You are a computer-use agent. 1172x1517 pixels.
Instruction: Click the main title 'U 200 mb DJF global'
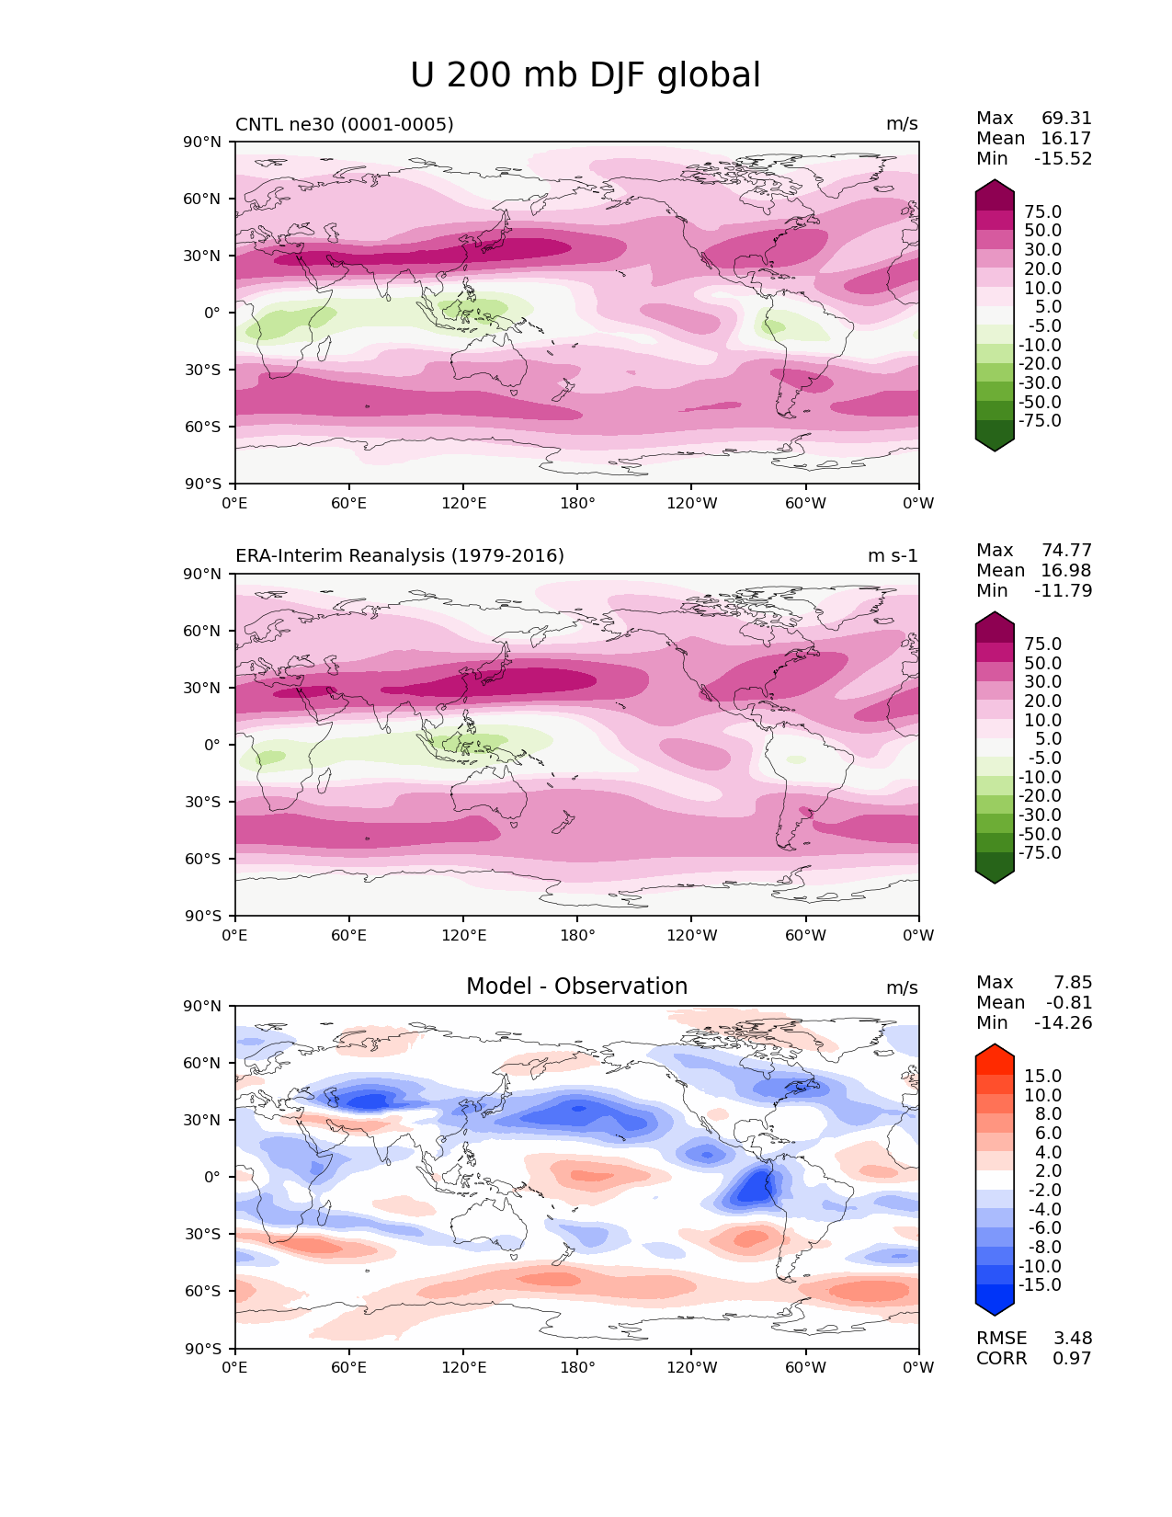(585, 75)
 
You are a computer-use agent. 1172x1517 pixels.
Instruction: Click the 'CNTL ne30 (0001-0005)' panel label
(344, 124)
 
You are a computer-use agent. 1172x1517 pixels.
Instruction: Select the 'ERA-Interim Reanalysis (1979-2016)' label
(400, 555)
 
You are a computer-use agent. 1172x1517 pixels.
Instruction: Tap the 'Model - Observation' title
(576, 987)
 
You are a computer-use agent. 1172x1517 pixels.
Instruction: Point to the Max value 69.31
(1066, 118)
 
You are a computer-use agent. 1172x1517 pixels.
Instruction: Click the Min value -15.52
(1063, 158)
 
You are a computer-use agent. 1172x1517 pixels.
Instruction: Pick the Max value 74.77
(1066, 550)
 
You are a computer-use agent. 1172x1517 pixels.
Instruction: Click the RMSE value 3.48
(1072, 1338)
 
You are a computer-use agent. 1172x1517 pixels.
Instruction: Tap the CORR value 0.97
(1072, 1358)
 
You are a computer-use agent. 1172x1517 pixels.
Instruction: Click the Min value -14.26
(1063, 1022)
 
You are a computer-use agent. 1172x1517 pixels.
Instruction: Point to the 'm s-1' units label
(893, 555)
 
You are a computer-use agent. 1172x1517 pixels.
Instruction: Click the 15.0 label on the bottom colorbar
(1042, 1076)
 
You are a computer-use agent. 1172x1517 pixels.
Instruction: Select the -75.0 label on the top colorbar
(1040, 420)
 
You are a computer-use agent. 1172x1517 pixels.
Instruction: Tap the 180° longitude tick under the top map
(577, 503)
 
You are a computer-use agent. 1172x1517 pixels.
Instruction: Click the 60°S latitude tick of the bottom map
(205, 1291)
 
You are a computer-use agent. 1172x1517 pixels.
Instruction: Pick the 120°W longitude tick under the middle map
(691, 935)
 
